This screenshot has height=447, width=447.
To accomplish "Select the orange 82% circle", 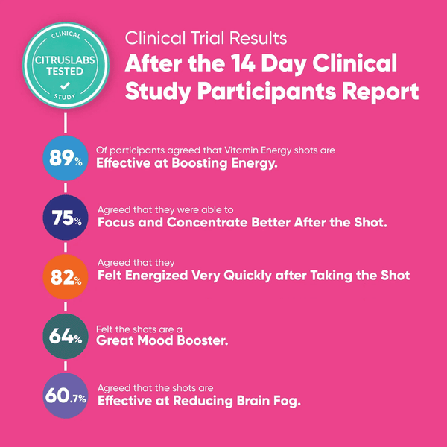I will [x=66, y=277].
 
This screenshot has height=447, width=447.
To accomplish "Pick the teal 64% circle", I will [x=66, y=336].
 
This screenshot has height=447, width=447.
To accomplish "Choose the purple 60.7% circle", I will [x=66, y=396].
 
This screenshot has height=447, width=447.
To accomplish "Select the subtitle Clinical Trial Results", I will [x=206, y=38].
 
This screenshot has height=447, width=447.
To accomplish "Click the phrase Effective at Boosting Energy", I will [x=187, y=163].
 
